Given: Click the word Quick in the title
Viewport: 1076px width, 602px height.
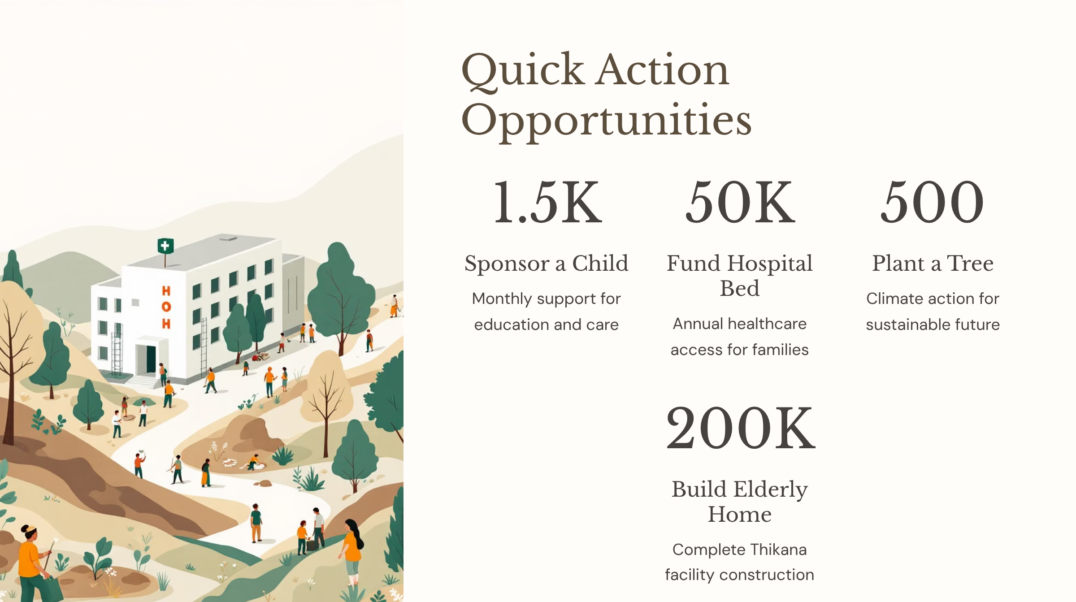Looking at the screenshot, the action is click(523, 70).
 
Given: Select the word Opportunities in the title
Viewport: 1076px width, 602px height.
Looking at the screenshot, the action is click(607, 121).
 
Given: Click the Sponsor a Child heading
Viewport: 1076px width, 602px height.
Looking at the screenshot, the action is click(547, 263).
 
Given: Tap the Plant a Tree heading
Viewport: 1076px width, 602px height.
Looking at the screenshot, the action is click(933, 263).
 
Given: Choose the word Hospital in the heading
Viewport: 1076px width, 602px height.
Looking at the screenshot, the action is click(770, 264).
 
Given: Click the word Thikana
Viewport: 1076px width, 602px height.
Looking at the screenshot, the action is click(778, 550).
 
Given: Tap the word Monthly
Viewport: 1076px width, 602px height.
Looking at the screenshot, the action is click(502, 299).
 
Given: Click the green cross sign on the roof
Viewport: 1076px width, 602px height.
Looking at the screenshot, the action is click(165, 246).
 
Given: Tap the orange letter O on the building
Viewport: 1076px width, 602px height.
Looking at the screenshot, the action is click(166, 307).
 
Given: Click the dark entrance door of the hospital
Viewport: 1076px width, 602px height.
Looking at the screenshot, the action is click(151, 359).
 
